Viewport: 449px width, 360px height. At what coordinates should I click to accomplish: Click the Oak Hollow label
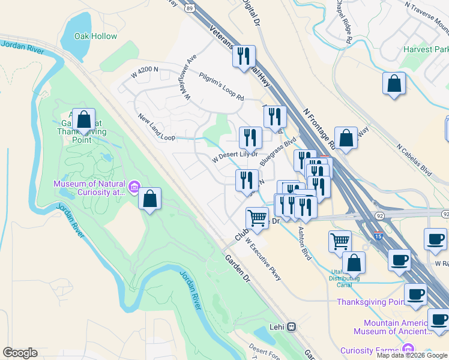coord(95,37)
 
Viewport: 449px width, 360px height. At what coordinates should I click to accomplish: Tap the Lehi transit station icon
coord(291,327)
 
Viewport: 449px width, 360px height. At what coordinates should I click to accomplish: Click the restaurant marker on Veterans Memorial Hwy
coord(244,57)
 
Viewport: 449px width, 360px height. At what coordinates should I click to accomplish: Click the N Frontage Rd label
coord(319,130)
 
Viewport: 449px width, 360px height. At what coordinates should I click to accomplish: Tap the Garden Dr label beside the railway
coord(237,268)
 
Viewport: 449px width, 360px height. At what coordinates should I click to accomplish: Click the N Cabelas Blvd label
coord(414,158)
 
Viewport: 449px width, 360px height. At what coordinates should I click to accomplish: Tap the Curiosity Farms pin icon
coord(408,349)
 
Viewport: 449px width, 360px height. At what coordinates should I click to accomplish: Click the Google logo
coord(20,353)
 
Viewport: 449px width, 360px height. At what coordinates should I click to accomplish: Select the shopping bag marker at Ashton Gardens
coord(85,121)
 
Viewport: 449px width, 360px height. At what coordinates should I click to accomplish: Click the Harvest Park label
coord(426,49)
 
